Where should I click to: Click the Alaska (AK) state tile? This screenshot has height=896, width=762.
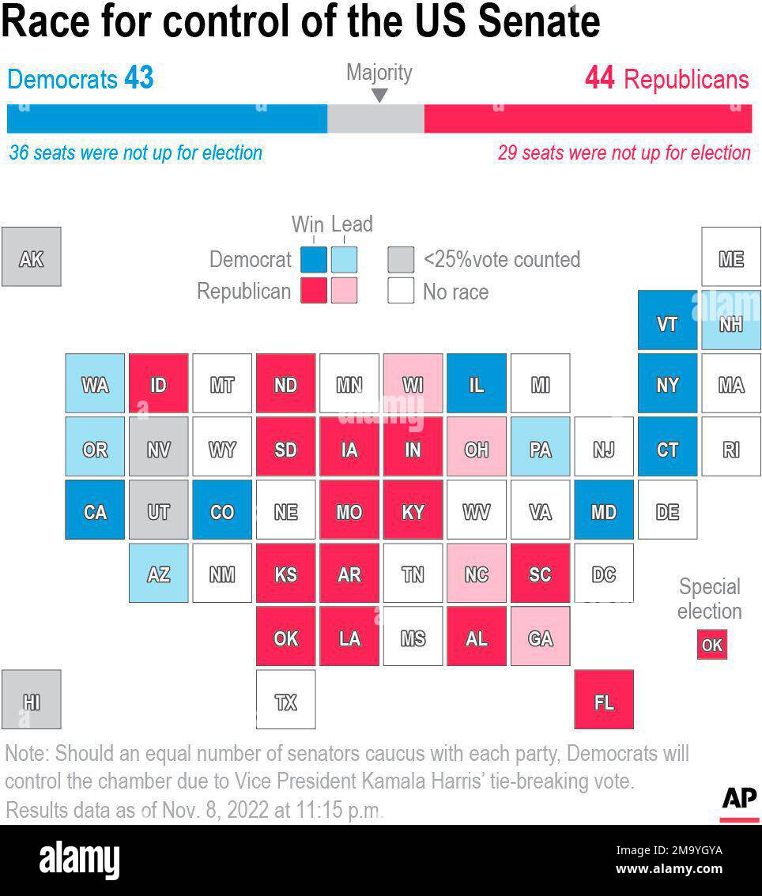click(x=31, y=257)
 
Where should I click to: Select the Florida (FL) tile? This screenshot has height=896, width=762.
click(x=603, y=699)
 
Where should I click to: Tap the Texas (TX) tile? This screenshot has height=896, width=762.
click(x=285, y=699)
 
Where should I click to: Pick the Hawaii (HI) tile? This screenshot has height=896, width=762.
click(x=31, y=699)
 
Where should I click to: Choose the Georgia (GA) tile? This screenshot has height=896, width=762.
click(x=540, y=636)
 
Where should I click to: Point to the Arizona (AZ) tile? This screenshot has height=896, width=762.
click(x=158, y=573)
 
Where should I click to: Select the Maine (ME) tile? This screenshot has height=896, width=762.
click(x=730, y=257)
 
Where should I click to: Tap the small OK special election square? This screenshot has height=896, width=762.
click(x=711, y=645)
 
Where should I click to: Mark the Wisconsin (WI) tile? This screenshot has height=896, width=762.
click(x=413, y=383)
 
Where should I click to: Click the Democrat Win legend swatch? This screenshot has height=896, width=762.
click(x=313, y=259)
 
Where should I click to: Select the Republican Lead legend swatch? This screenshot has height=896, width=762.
click(x=344, y=291)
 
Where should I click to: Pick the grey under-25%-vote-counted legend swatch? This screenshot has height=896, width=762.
click(x=401, y=259)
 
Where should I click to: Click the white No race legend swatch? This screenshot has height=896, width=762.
click(x=401, y=291)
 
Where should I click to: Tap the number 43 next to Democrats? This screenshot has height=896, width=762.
click(x=138, y=78)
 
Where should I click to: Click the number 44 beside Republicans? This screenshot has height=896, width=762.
click(x=600, y=78)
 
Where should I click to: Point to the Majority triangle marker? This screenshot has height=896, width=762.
click(x=379, y=96)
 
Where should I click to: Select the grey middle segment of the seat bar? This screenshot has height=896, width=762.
click(x=375, y=119)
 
